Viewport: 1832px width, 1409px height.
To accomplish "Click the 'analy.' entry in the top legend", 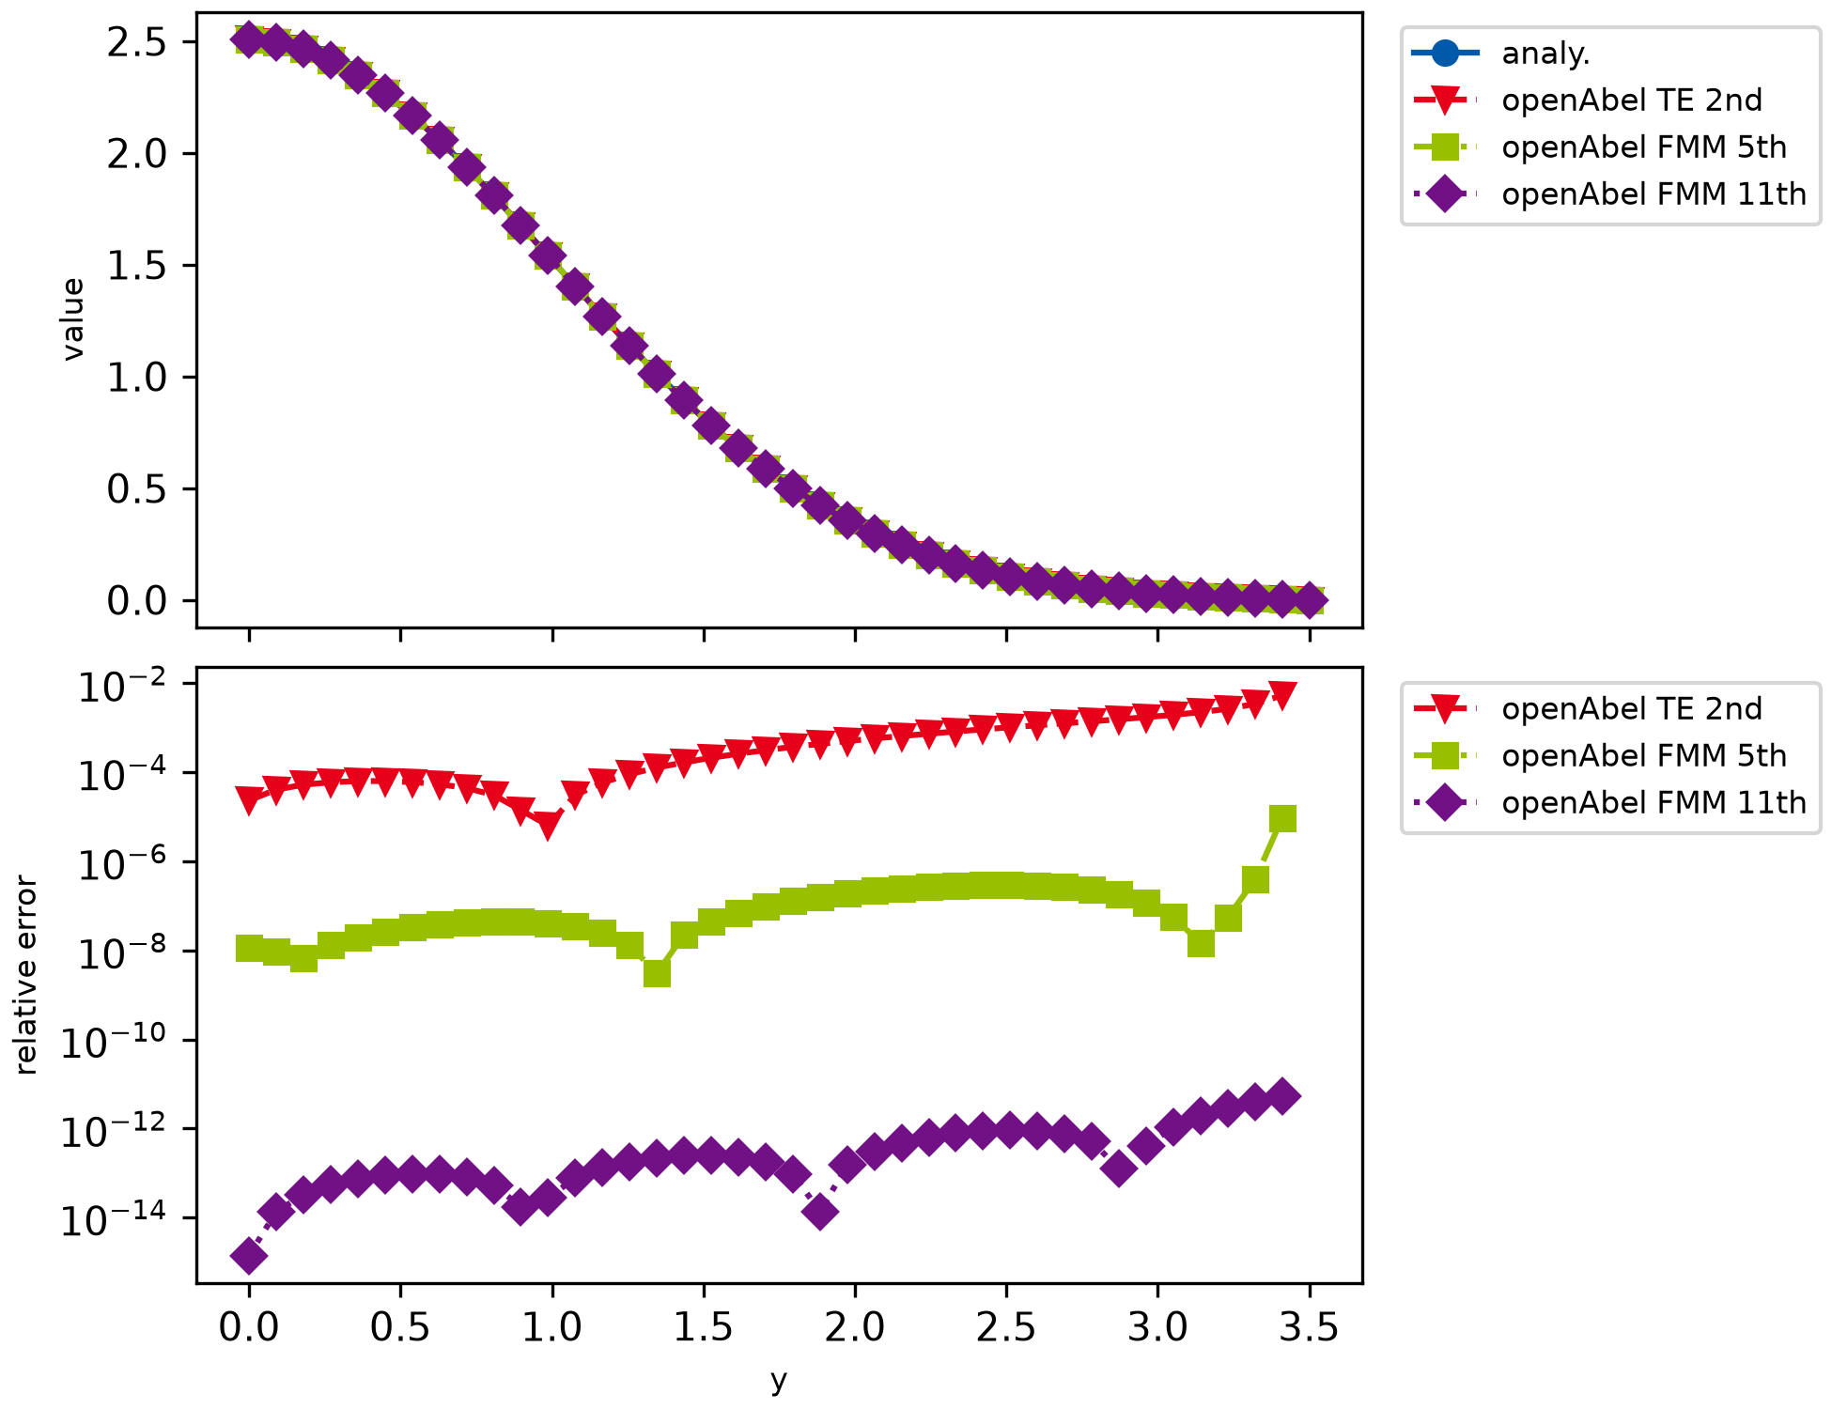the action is pyautogui.click(x=1545, y=54).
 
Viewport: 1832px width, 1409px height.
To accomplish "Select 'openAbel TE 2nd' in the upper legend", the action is pyautogui.click(x=1631, y=101).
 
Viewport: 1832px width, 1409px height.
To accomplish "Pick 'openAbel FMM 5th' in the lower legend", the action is pyautogui.click(x=1643, y=756).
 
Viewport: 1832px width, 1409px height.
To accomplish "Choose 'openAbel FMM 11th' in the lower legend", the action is pyautogui.click(x=1653, y=803).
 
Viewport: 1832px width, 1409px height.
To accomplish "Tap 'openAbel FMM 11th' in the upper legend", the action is pyautogui.click(x=1653, y=194).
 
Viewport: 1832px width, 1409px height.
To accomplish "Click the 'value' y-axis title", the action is pyautogui.click(x=73, y=319).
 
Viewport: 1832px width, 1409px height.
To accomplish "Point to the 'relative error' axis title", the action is pyautogui.click(x=26, y=975).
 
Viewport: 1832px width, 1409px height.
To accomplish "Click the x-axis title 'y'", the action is pyautogui.click(x=779, y=1381).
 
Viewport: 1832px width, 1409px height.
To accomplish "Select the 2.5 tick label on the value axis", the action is pyautogui.click(x=137, y=43).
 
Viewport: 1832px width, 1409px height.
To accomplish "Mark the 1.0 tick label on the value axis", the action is pyautogui.click(x=137, y=378).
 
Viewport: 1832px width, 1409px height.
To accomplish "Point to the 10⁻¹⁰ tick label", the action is pyautogui.click(x=115, y=1041).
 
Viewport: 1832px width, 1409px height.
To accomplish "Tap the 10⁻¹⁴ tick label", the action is pyautogui.click(x=115, y=1218).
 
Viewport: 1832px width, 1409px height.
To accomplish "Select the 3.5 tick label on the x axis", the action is pyautogui.click(x=1309, y=1327).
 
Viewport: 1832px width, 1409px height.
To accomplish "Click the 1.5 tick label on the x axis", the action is pyautogui.click(x=704, y=1327).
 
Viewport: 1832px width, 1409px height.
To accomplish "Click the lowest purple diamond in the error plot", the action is pyautogui.click(x=249, y=1256).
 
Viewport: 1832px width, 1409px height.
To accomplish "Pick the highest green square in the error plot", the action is pyautogui.click(x=1282, y=819).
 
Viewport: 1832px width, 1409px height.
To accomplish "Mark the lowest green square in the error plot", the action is pyautogui.click(x=658, y=974).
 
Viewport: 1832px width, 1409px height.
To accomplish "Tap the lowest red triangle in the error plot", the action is pyautogui.click(x=549, y=826).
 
